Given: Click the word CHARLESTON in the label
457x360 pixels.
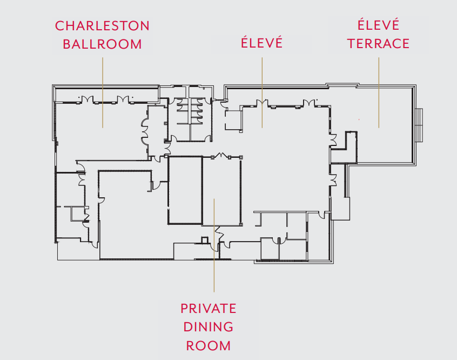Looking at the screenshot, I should [102, 26].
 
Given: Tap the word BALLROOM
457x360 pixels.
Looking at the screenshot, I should [102, 44].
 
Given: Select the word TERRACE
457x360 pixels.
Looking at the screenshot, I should [378, 44].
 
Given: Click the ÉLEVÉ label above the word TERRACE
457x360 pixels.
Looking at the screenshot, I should [378, 25].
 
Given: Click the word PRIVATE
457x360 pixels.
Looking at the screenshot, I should [209, 309].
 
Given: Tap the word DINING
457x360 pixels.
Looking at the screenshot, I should [209, 327].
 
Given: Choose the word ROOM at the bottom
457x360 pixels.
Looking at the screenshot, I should [209, 345].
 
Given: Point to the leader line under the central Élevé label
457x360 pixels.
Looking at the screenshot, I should [262, 81].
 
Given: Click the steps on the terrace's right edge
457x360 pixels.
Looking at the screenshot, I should [419, 125].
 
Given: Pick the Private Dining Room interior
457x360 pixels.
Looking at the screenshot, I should [221, 189].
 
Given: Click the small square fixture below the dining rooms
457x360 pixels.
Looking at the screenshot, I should [204, 240].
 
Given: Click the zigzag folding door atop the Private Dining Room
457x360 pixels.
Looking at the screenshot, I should [221, 156].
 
